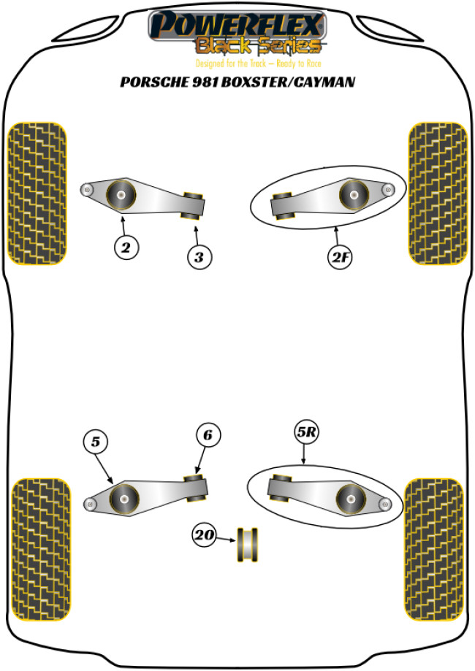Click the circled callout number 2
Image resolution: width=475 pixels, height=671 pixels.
click(126, 248)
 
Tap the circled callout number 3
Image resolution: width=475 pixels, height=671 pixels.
click(199, 257)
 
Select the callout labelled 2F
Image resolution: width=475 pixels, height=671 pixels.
click(340, 257)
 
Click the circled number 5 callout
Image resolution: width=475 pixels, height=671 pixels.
click(96, 441)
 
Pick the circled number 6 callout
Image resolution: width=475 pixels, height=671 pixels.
click(208, 434)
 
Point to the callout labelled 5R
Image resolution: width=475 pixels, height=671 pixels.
click(307, 432)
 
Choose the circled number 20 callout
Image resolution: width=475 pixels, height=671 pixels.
click(205, 534)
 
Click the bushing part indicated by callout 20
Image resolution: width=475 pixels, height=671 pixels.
click(248, 544)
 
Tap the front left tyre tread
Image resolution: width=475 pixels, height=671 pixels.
click(37, 193)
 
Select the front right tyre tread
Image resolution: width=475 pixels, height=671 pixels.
click(438, 193)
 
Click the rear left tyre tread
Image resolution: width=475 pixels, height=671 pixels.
click(40, 550)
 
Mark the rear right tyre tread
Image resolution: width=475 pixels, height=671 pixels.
click(434, 550)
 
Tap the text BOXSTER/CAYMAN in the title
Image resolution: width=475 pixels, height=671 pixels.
click(288, 82)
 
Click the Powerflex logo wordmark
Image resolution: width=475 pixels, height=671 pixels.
click(237, 24)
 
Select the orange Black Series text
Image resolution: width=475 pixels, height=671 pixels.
click(258, 46)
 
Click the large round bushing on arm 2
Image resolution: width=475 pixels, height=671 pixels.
click(121, 195)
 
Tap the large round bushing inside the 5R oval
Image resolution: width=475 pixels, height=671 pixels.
click(351, 499)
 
